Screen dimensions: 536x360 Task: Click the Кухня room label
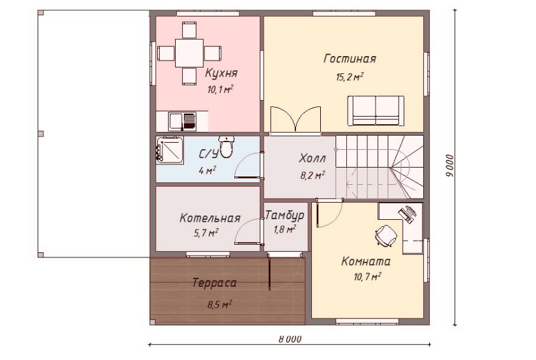tap(221, 73)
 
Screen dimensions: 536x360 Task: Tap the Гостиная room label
tap(349, 59)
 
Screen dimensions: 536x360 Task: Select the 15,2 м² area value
tap(349, 76)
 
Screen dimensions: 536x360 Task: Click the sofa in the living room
tap(376, 110)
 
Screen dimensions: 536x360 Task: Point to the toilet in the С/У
tap(226, 147)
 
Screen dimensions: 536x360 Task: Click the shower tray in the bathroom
tap(169, 150)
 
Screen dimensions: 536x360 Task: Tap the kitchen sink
tap(183, 122)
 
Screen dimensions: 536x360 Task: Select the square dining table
tap(189, 53)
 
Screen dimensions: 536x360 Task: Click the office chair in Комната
tap(386, 236)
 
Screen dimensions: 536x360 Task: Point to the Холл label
tap(312, 159)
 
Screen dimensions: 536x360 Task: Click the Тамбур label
tap(285, 215)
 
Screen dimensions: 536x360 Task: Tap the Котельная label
tap(210, 219)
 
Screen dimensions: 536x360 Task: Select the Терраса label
tap(215, 284)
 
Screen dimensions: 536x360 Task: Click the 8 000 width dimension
tap(290, 339)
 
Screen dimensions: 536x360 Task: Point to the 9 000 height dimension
tap(450, 166)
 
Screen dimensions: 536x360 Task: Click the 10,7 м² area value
tap(367, 276)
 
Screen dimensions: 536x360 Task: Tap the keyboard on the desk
tap(406, 215)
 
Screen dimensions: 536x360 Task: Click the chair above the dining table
tap(189, 30)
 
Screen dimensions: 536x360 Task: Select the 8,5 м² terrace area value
tap(220, 304)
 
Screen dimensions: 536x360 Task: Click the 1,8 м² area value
tap(285, 229)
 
